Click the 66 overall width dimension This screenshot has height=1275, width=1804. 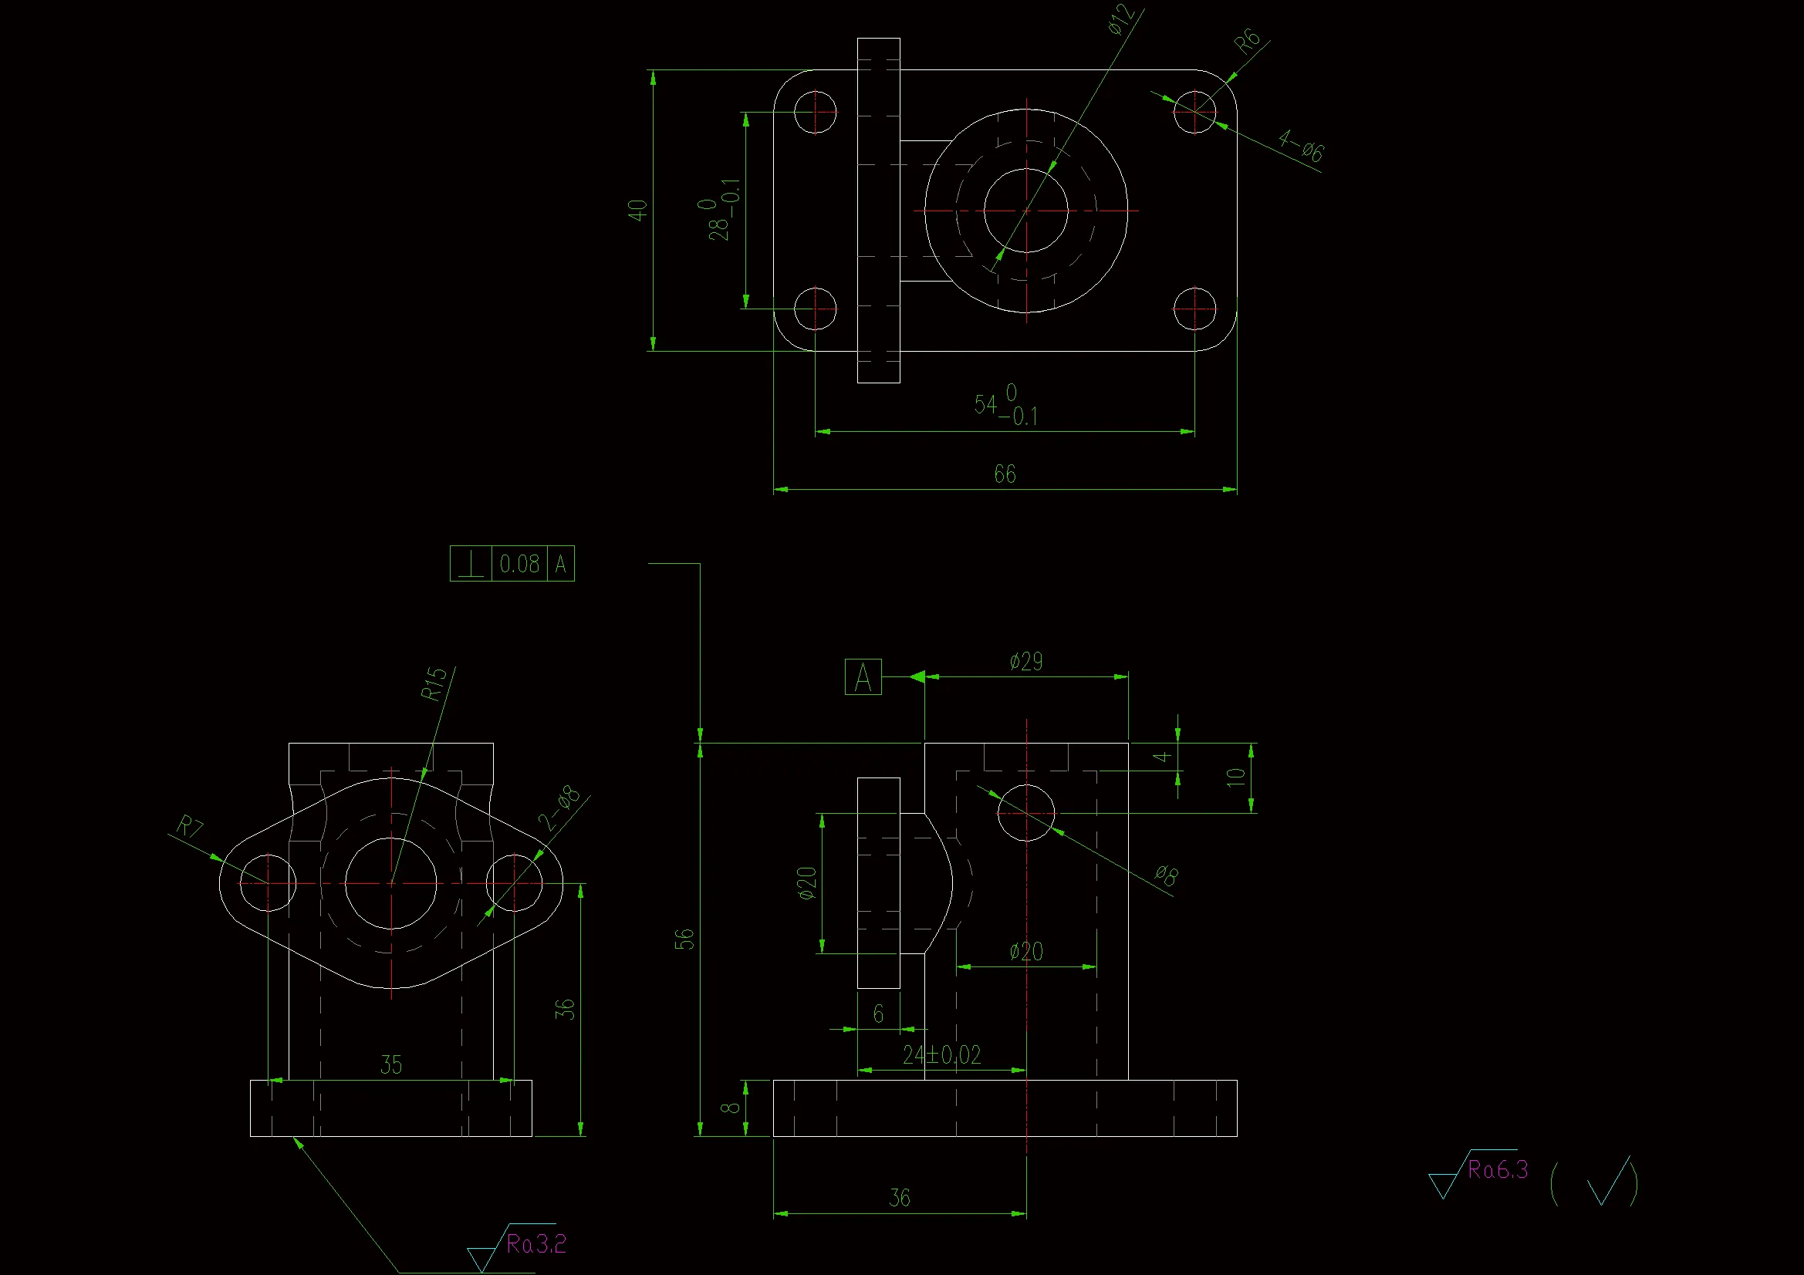click(1005, 474)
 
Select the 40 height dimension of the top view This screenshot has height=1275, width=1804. click(637, 210)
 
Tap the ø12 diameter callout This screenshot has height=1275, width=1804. click(1121, 19)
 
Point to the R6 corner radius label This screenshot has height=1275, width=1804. click(1247, 42)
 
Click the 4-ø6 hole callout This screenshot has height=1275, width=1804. click(1301, 146)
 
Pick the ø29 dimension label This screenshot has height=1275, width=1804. click(1026, 662)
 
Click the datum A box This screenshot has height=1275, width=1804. click(863, 677)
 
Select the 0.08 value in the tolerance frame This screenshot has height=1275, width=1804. click(519, 564)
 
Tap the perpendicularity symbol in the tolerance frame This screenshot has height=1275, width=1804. click(471, 564)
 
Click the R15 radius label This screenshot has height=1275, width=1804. click(434, 683)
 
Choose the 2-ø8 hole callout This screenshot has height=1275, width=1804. click(559, 808)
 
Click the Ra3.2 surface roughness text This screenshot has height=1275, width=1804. click(536, 1244)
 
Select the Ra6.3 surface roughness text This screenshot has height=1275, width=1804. click(1498, 1171)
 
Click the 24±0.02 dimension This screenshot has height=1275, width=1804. click(942, 1055)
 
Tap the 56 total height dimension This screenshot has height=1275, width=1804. click(685, 939)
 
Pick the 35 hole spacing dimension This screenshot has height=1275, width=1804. click(391, 1065)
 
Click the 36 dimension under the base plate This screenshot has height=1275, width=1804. click(900, 1198)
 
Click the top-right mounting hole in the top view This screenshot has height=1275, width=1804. click(1194, 112)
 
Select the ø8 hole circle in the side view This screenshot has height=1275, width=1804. click(1026, 813)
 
